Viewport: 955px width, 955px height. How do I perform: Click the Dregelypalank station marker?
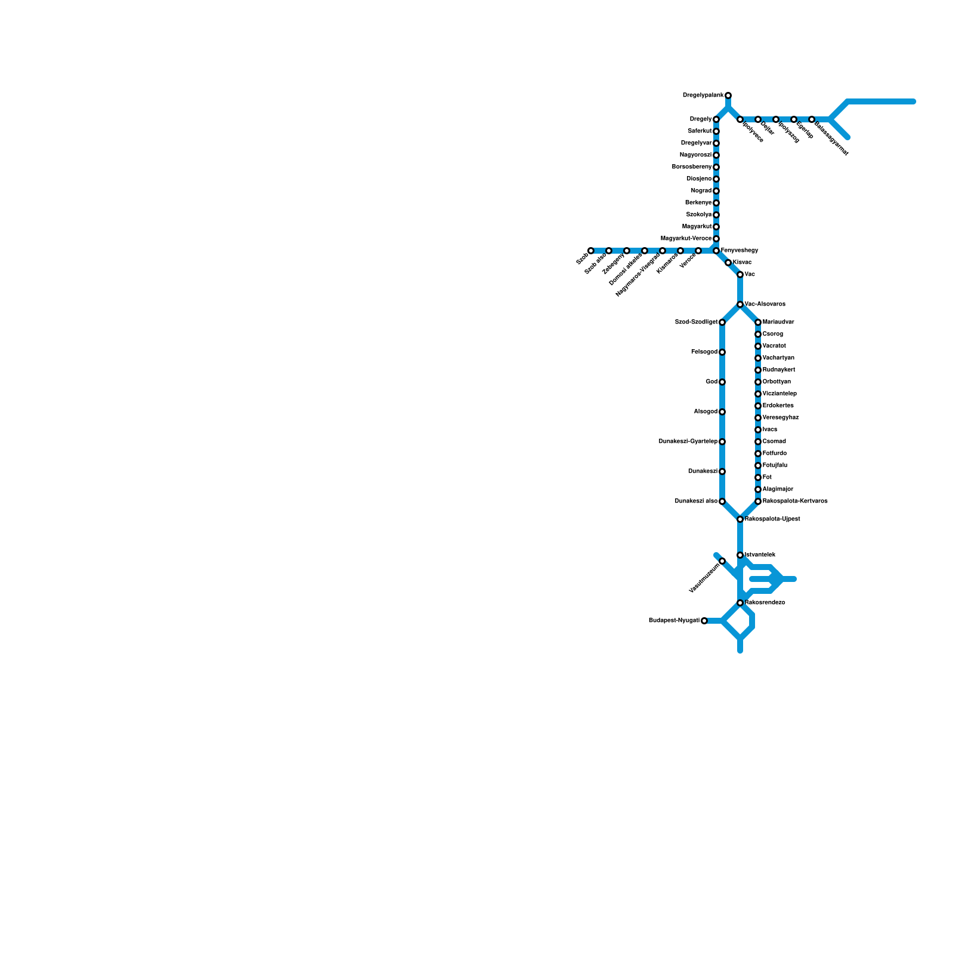pyautogui.click(x=728, y=95)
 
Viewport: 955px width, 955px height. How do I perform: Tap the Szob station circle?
pyautogui.click(x=591, y=251)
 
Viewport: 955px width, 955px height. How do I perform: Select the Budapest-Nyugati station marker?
pyautogui.click(x=704, y=621)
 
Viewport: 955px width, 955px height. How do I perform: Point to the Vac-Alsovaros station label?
pyautogui.click(x=765, y=304)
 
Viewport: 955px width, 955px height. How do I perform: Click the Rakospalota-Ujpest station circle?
pyautogui.click(x=740, y=519)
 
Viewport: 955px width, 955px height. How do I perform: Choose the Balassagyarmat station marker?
pyautogui.click(x=812, y=120)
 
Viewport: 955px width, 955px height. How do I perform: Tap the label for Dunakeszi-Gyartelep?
pyautogui.click(x=688, y=442)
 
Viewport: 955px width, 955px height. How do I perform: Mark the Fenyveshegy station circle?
pyautogui.click(x=716, y=251)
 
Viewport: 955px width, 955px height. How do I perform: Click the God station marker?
pyautogui.click(x=722, y=382)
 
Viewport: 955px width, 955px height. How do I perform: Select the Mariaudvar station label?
pyautogui.click(x=778, y=322)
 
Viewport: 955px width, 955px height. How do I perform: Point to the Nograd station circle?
pyautogui.click(x=716, y=191)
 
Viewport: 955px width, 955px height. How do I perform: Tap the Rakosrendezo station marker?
pyautogui.click(x=740, y=603)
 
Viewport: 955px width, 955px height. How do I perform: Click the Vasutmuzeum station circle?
pyautogui.click(x=722, y=561)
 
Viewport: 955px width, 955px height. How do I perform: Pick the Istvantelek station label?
pyautogui.click(x=760, y=555)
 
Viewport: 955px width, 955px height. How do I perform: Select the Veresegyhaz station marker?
pyautogui.click(x=758, y=418)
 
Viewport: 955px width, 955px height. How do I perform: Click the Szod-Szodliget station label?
pyautogui.click(x=696, y=322)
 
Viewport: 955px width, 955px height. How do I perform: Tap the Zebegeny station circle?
pyautogui.click(x=627, y=251)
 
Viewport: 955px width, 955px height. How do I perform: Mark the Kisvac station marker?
pyautogui.click(x=728, y=263)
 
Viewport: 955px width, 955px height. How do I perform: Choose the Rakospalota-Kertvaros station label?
pyautogui.click(x=795, y=501)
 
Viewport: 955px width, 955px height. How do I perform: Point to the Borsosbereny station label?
pyautogui.click(x=692, y=167)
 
